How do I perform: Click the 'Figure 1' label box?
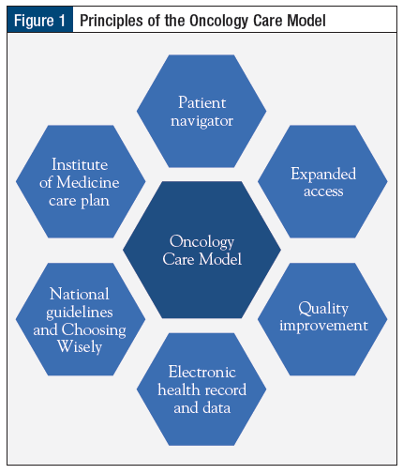pyautogui.click(x=40, y=20)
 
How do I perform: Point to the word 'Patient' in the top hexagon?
pyautogui.click(x=202, y=102)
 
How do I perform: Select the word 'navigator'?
pyautogui.click(x=202, y=121)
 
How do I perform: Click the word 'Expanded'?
pyautogui.click(x=323, y=174)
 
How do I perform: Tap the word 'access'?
pyautogui.click(x=323, y=191)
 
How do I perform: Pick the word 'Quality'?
pyautogui.click(x=323, y=309)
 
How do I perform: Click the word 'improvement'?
pyautogui.click(x=323, y=326)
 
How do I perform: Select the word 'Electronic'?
pyautogui.click(x=202, y=372)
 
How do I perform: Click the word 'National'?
pyautogui.click(x=80, y=294)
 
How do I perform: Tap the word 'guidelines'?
pyautogui.click(x=80, y=313)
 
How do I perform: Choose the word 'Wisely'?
pyautogui.click(x=80, y=346)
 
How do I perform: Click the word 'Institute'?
pyautogui.click(x=80, y=164)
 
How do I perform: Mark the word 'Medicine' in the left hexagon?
pyautogui.click(x=88, y=182)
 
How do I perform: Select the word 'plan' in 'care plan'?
pyautogui.click(x=96, y=201)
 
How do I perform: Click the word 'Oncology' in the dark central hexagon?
pyautogui.click(x=201, y=242)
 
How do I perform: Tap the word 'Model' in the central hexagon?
pyautogui.click(x=220, y=259)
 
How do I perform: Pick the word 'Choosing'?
pyautogui.click(x=94, y=330)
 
